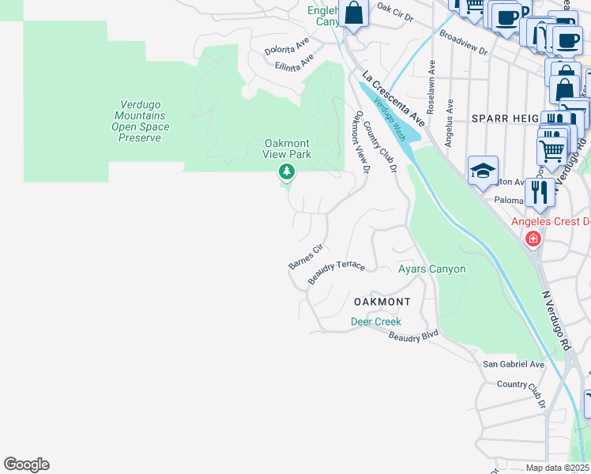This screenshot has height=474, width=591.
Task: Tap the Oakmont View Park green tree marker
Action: (287, 172)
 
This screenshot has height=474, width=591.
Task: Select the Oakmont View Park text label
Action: (287, 149)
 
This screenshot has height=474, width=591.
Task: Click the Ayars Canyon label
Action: (431, 269)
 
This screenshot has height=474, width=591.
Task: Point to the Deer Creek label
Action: (376, 322)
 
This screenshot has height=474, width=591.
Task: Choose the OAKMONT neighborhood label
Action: (382, 302)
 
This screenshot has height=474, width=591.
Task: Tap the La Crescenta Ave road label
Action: (393, 99)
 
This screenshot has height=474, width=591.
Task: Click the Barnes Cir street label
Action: (306, 257)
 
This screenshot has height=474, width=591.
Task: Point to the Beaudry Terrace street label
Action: (337, 273)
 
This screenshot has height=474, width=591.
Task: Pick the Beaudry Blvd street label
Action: (413, 336)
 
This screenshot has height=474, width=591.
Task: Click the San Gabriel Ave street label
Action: (514, 364)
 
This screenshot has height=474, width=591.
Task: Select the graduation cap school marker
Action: (483, 171)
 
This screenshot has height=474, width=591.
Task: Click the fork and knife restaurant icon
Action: (540, 192)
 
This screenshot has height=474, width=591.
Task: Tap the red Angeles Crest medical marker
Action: (533, 238)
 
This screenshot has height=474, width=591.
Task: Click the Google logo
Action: (26, 465)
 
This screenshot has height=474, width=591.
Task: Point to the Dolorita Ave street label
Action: (286, 49)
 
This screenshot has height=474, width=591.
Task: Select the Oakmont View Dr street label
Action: (361, 142)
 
